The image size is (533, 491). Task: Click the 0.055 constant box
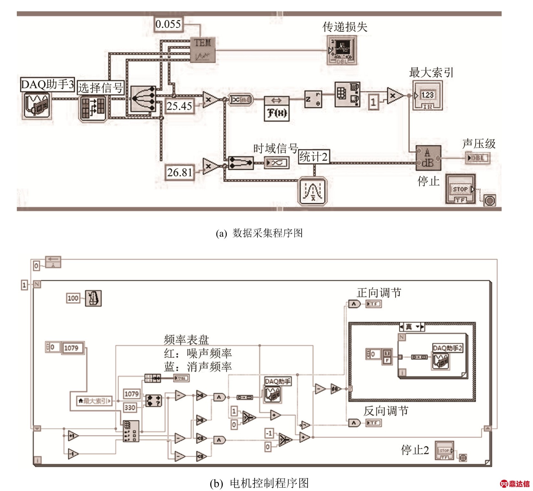tap(168, 24)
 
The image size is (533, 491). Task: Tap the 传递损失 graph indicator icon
tap(342, 50)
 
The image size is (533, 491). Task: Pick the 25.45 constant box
tap(179, 106)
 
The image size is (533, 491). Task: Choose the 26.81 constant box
tap(180, 172)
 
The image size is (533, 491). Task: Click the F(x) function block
tap(277, 109)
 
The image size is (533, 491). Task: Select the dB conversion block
tap(428, 158)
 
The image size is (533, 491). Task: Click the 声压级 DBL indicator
tap(478, 158)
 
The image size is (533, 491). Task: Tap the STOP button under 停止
tap(460, 189)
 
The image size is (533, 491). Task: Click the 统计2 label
tap(313, 157)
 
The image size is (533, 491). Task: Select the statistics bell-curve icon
tap(313, 191)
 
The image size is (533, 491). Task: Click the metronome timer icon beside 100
tap(93, 298)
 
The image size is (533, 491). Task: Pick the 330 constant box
tap(130, 407)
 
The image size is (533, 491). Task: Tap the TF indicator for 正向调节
tap(374, 304)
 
